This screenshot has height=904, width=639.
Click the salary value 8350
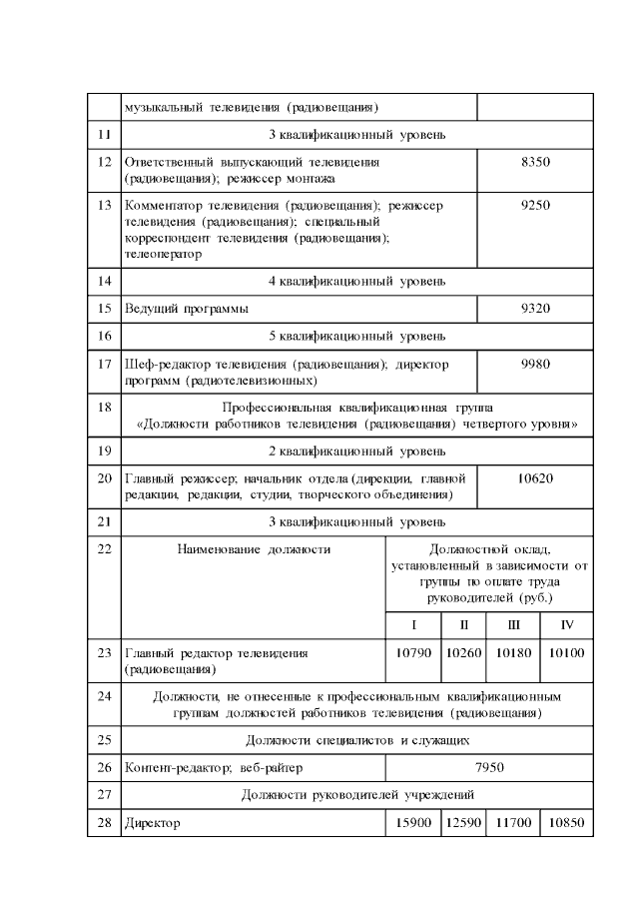[x=536, y=162]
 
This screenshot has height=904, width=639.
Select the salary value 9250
[x=536, y=205]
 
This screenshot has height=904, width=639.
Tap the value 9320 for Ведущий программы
[x=536, y=309]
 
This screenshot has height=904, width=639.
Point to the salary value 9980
[x=536, y=365]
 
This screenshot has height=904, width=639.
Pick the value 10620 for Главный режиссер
[x=536, y=478]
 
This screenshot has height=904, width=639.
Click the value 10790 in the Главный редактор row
[x=413, y=652]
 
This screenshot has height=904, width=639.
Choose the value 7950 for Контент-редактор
[x=489, y=767]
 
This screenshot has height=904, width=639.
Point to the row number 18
[x=104, y=408]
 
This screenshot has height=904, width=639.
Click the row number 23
[x=104, y=652]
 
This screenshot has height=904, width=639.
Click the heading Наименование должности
[x=254, y=548]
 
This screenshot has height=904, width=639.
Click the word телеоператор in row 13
[x=162, y=254]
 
